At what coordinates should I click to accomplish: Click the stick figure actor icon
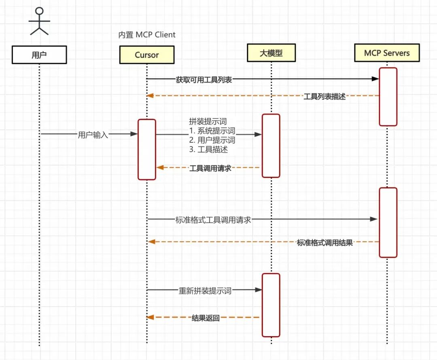(x=39, y=21)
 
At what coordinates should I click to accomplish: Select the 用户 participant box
(x=39, y=55)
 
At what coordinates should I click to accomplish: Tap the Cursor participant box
(x=147, y=55)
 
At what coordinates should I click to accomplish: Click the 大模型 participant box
(x=271, y=53)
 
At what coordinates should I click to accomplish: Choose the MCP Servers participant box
(x=386, y=53)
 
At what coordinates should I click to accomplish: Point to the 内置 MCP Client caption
(x=147, y=35)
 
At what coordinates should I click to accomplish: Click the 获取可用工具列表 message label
(x=204, y=80)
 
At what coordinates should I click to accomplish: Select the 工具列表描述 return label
(x=325, y=97)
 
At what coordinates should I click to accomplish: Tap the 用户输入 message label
(x=93, y=135)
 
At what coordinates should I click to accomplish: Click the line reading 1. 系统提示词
(x=212, y=131)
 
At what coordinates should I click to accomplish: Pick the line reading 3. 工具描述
(x=208, y=150)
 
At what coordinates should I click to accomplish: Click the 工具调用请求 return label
(x=210, y=168)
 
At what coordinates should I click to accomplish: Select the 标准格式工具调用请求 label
(x=214, y=220)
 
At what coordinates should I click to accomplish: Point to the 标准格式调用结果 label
(x=325, y=243)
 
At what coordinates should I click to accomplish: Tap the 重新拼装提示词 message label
(x=205, y=290)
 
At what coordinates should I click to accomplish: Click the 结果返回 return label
(x=206, y=318)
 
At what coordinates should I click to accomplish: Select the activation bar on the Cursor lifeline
(x=147, y=149)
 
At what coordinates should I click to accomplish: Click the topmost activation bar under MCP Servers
(x=388, y=97)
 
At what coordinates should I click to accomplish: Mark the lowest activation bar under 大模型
(x=271, y=305)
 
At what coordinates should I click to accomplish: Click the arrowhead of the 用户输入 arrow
(x=134, y=133)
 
